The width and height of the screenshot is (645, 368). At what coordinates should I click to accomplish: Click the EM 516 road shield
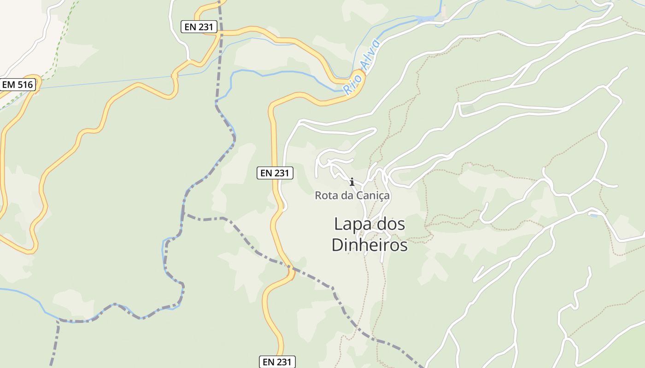coord(17,85)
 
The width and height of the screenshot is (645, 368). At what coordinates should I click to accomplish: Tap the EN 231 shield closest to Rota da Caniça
coord(275,173)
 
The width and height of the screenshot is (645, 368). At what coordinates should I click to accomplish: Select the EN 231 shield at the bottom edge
coord(277,362)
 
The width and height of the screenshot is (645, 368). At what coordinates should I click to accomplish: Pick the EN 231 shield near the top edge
coord(199,27)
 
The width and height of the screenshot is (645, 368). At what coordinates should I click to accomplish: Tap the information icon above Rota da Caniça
coord(352,182)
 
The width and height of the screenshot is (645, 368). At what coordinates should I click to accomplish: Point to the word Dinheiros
coord(369,245)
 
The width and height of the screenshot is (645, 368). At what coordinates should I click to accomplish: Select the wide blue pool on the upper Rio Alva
coord(425,19)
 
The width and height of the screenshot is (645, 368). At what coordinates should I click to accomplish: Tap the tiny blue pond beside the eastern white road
coord(593,215)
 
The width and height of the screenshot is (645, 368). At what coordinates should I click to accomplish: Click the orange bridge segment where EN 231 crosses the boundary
coord(291,274)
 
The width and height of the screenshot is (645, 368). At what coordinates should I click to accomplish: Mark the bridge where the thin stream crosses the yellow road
coord(174,76)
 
